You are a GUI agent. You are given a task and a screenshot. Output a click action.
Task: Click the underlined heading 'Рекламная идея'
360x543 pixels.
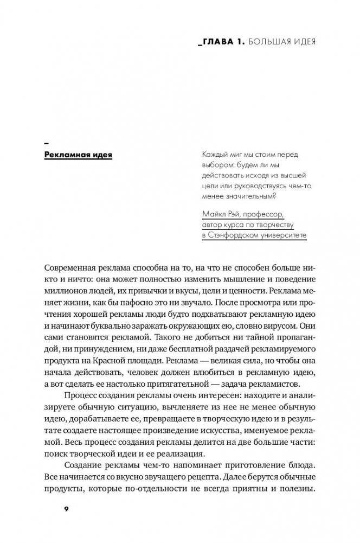pyautogui.click(x=78, y=155)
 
